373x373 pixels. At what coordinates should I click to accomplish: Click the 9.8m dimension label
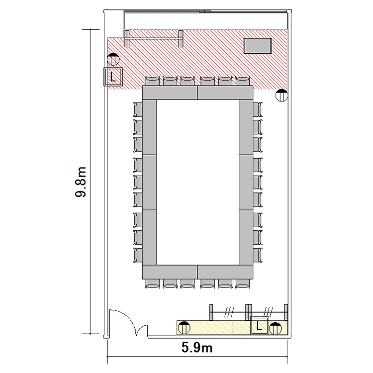click(x=81, y=182)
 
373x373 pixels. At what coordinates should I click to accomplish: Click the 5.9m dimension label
click(x=197, y=348)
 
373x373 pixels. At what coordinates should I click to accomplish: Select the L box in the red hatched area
click(x=113, y=77)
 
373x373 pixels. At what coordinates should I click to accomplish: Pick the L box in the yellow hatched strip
click(x=260, y=325)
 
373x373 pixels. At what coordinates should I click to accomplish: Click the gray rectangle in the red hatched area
click(x=258, y=46)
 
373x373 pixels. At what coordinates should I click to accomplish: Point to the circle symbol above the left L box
click(x=113, y=59)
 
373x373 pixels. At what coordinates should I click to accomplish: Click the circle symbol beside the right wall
click(x=281, y=95)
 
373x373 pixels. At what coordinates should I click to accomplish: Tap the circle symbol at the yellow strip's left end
click(x=185, y=328)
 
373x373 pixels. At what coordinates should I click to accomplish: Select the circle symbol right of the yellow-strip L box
click(x=276, y=329)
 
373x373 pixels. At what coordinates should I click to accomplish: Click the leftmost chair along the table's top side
click(x=153, y=81)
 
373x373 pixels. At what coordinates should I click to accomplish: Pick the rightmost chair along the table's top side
click(x=243, y=81)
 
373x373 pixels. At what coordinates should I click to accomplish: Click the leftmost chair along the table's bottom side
click(x=153, y=284)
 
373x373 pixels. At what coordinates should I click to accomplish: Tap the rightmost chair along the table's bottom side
click(x=243, y=284)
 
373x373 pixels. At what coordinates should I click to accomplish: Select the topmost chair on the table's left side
click(x=138, y=109)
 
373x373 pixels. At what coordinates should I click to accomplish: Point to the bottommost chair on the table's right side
click(x=258, y=255)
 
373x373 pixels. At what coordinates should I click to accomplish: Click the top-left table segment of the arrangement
click(x=170, y=93)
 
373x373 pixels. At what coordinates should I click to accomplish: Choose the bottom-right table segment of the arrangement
click(x=225, y=272)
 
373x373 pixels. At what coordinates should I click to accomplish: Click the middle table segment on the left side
click(x=149, y=183)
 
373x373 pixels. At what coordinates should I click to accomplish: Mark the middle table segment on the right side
click(x=246, y=183)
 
